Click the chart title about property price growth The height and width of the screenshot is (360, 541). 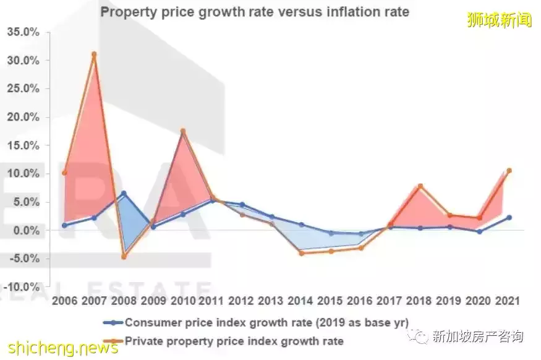tap(255, 12)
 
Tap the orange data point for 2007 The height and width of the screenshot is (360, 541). tap(94, 54)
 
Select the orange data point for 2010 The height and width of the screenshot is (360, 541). tap(183, 131)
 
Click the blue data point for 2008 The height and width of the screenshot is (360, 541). tap(124, 194)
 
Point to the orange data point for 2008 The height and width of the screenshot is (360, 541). tap(124, 256)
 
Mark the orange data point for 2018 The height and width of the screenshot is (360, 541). tap(420, 186)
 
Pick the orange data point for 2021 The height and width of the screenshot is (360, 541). tap(509, 171)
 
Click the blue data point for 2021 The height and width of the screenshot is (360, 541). tap(509, 218)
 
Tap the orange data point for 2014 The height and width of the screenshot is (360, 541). tap(302, 253)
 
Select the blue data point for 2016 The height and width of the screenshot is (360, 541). tap(361, 234)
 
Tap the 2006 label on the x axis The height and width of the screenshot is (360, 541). tap(64, 301)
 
